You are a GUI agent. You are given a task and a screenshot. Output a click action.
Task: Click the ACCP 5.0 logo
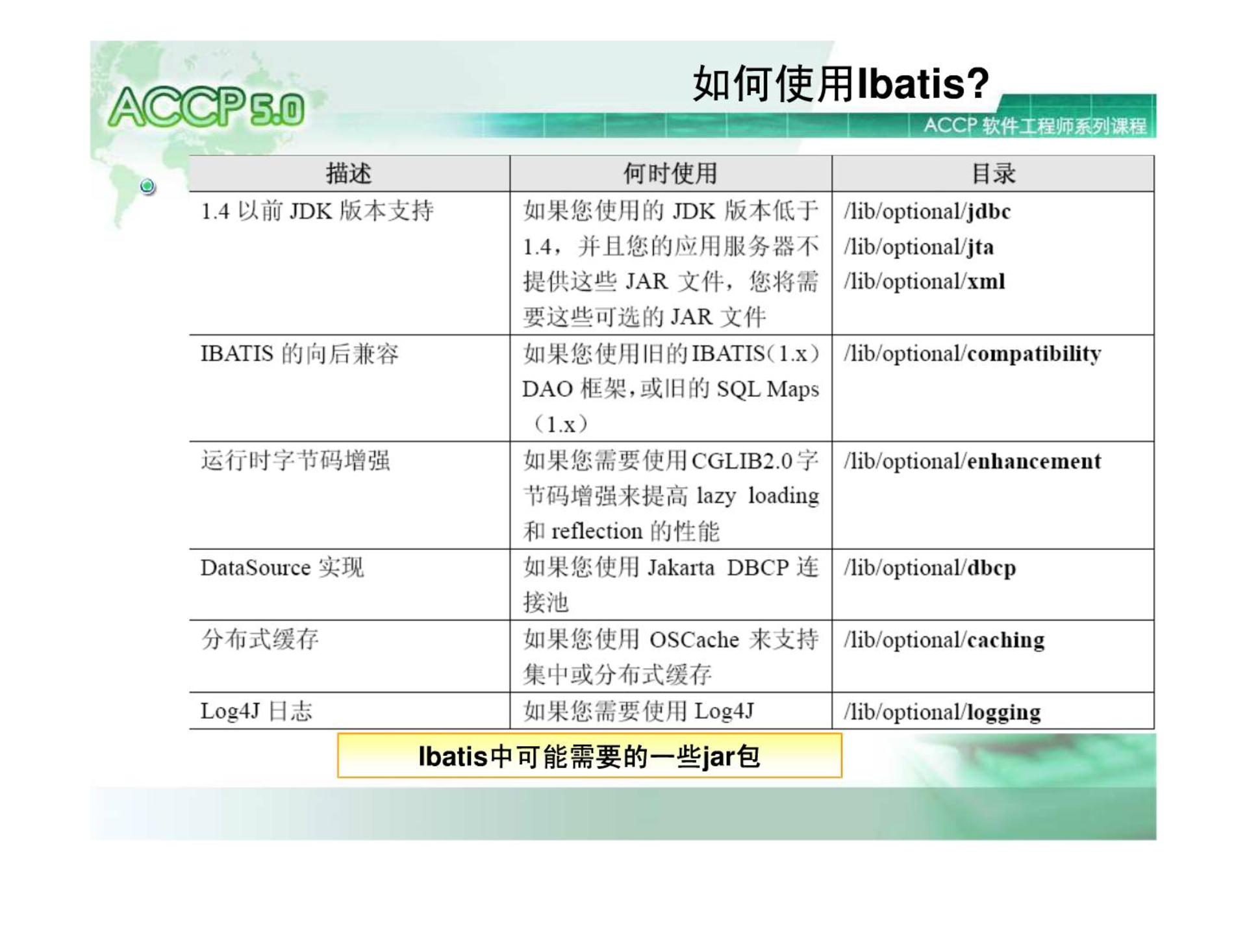(x=207, y=107)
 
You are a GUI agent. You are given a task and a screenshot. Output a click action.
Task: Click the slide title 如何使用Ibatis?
(x=840, y=84)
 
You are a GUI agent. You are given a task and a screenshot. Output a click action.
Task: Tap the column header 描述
(x=349, y=174)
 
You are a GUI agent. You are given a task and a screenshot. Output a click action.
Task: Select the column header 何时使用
(x=670, y=174)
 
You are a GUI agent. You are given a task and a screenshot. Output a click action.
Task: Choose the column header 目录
(x=993, y=174)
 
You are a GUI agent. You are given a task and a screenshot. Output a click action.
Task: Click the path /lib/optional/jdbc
(x=927, y=212)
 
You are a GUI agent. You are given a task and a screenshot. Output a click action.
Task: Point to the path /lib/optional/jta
(x=919, y=247)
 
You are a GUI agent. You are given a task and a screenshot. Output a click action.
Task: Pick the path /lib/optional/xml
(x=925, y=282)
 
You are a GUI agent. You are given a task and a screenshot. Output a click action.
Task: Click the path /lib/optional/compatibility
(x=973, y=354)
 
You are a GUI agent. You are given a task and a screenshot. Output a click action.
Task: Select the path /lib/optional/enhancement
(x=973, y=461)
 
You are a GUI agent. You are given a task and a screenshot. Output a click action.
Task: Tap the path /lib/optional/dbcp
(x=930, y=568)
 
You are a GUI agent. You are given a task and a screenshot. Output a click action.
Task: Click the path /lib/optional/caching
(x=944, y=640)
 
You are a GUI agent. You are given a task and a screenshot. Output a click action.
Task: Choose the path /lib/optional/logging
(x=942, y=712)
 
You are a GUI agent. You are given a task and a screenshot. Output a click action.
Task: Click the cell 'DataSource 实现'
(x=282, y=568)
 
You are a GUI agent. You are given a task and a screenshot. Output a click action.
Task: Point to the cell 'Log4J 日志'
(x=256, y=711)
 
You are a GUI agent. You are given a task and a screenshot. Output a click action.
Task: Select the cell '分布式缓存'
(x=260, y=640)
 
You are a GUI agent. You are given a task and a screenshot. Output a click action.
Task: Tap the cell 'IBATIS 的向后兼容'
(x=299, y=354)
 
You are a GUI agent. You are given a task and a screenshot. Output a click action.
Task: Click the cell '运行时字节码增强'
(x=296, y=460)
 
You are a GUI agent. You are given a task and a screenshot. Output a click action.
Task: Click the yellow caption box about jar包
(x=590, y=756)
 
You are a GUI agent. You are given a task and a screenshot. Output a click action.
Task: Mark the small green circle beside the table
(x=148, y=186)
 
